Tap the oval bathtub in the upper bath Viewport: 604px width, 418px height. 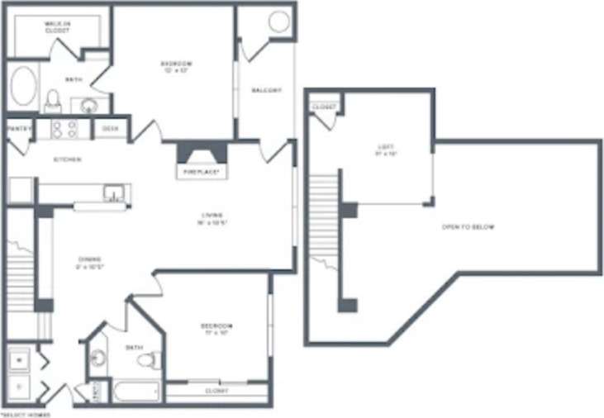click(24, 87)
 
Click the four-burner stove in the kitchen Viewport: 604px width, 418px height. click(64, 128)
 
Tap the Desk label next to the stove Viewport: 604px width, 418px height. click(109, 129)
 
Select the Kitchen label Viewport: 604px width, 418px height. click(67, 159)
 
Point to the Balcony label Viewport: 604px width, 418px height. click(266, 90)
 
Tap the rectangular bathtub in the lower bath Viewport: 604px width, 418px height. click(137, 392)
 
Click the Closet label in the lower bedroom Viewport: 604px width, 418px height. click(216, 388)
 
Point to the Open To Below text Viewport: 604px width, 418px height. click(468, 226)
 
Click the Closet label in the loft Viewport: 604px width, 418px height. click(325, 107)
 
